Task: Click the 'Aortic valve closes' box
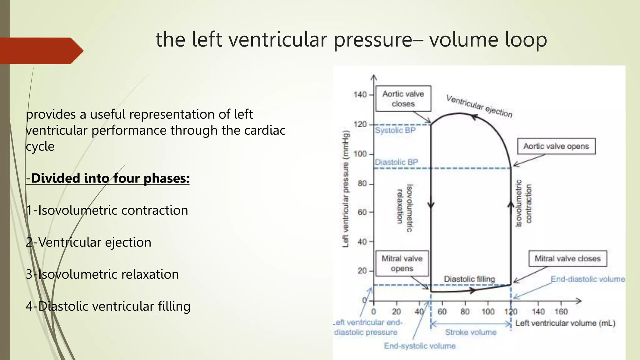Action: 403,98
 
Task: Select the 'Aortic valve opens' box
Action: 556,146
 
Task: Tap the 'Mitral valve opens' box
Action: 402,263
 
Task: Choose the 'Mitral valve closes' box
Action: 567,258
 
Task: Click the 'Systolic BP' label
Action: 395,130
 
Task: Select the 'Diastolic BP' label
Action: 396,162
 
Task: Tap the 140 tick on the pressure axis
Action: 360,94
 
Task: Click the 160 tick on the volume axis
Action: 561,312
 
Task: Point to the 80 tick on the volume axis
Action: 465,312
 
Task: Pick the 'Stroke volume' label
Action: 471,332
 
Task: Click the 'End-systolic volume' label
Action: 420,346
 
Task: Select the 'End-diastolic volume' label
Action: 587,279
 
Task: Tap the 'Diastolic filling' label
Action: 469,279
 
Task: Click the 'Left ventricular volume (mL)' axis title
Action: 565,323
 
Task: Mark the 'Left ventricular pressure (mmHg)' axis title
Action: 345,189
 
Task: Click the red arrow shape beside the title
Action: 41,51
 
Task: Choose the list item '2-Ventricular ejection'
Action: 88,242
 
